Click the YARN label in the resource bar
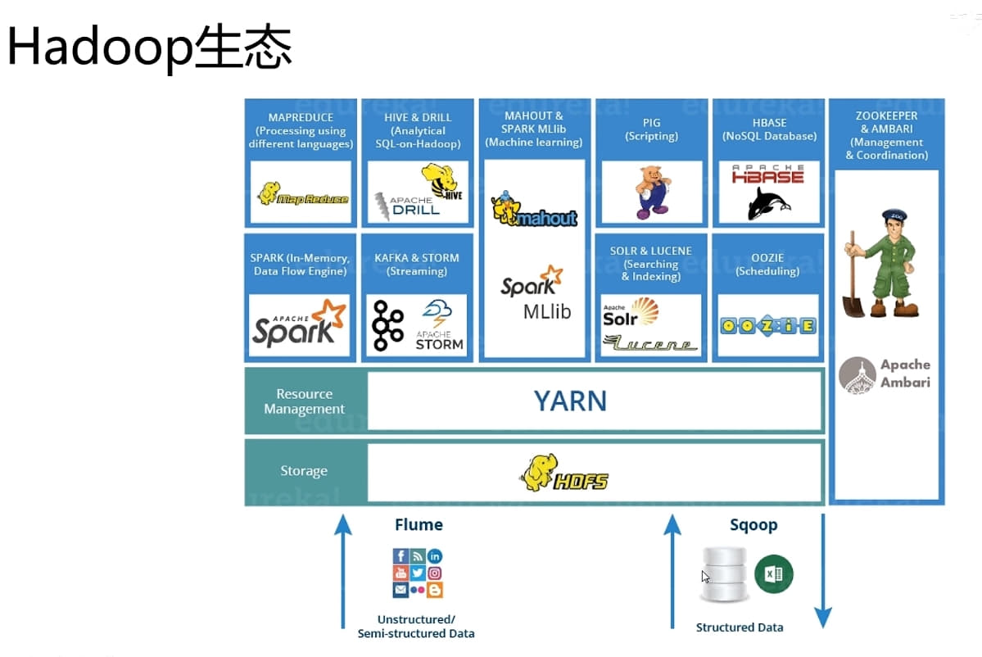tap(570, 401)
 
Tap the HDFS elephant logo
tap(564, 473)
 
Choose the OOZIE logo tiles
tap(767, 325)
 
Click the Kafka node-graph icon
tap(387, 325)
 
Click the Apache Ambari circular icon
tap(858, 375)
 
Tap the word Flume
tap(419, 525)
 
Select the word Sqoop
tap(753, 525)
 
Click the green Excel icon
tap(773, 574)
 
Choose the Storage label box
tap(304, 471)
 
